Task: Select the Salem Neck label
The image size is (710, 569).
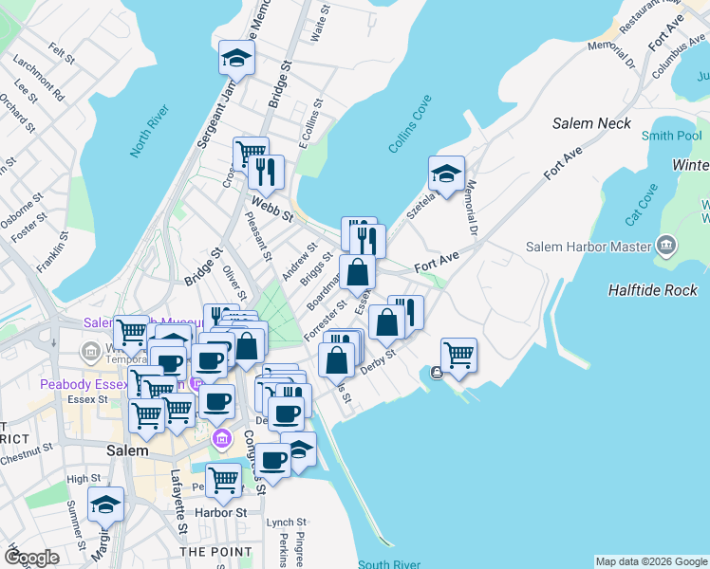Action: pyautogui.click(x=592, y=123)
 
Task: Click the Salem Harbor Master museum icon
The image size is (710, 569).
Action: pyautogui.click(x=666, y=248)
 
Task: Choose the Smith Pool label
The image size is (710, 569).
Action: pyautogui.click(x=671, y=137)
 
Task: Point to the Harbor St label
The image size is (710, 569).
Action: pyautogui.click(x=220, y=513)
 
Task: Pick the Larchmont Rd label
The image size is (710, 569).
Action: pyautogui.click(x=39, y=83)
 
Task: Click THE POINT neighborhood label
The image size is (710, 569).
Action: pyautogui.click(x=215, y=551)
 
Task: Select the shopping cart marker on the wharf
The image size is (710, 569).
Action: pyautogui.click(x=458, y=355)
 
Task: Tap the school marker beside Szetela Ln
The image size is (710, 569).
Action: pyautogui.click(x=446, y=174)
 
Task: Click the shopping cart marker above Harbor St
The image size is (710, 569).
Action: pyautogui.click(x=223, y=480)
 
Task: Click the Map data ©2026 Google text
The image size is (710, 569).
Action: pyautogui.click(x=650, y=561)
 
